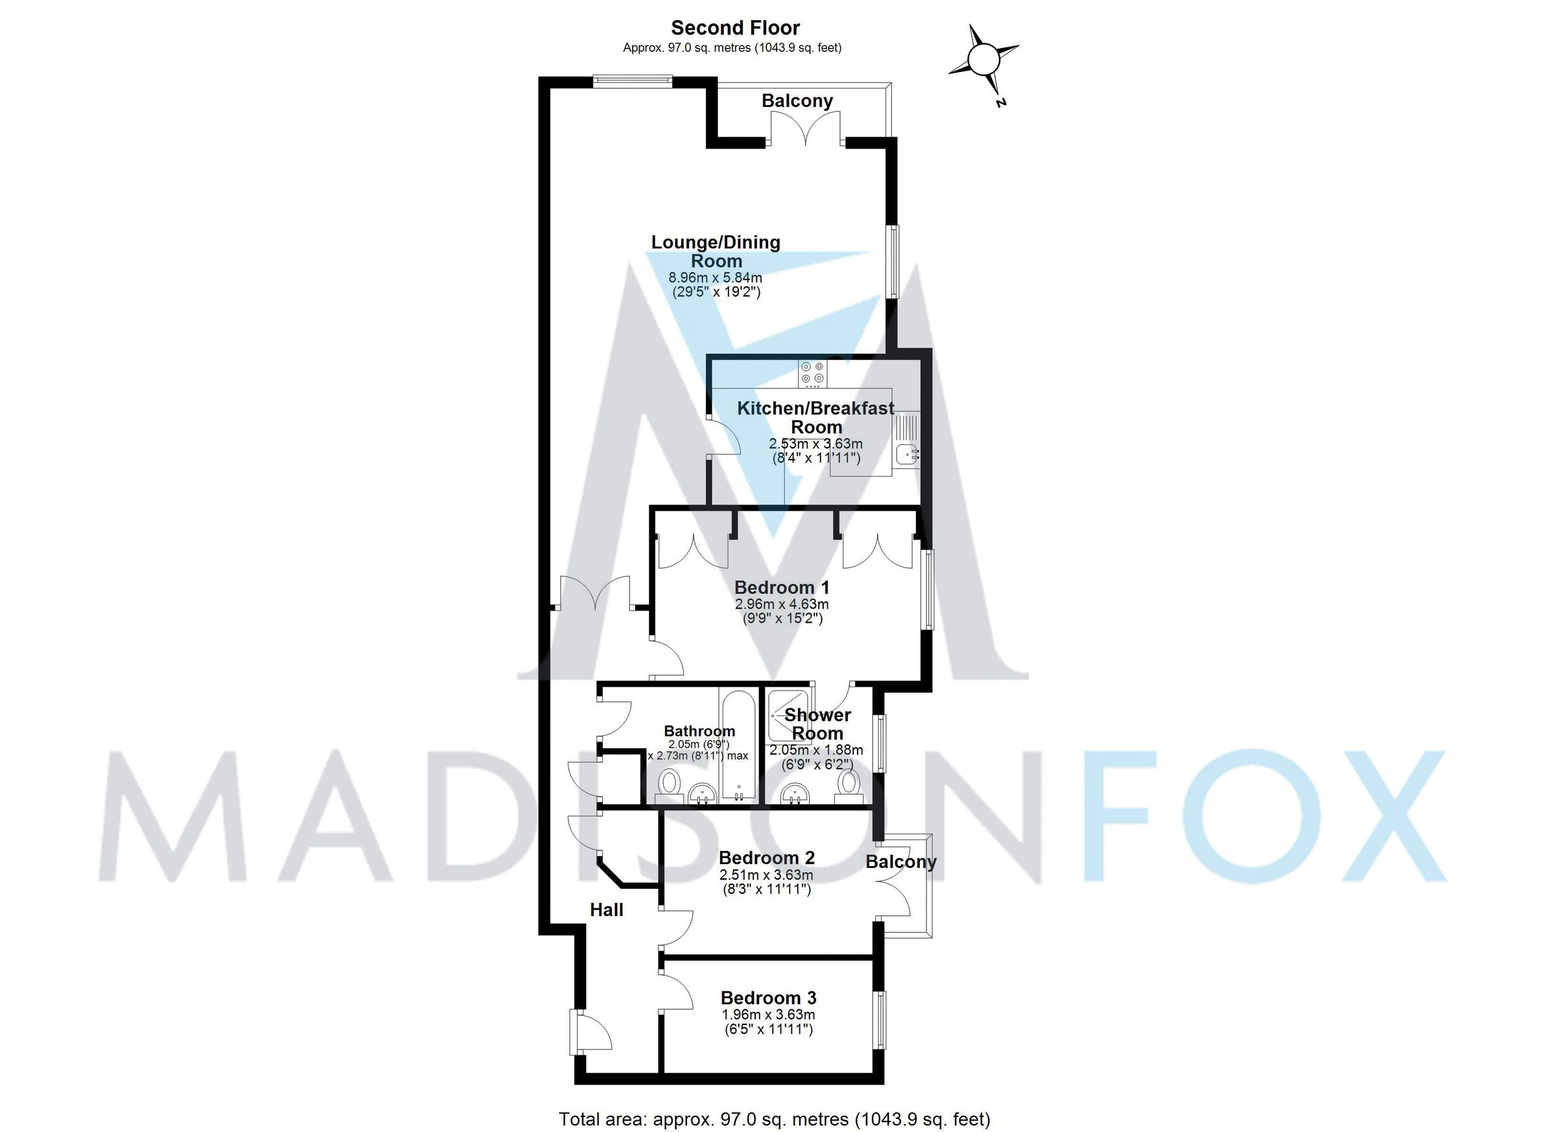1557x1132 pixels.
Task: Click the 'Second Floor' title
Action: click(735, 28)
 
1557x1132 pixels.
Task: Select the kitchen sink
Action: click(908, 453)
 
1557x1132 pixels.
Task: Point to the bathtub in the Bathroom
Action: click(739, 744)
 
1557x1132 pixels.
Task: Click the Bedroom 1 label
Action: click(782, 588)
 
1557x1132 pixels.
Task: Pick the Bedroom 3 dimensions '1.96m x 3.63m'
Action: click(768, 1015)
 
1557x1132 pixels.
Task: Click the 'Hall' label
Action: click(607, 910)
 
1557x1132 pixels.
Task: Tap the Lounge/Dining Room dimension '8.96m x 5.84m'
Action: click(716, 278)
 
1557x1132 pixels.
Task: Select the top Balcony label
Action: click(797, 101)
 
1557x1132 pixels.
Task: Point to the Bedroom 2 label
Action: click(767, 858)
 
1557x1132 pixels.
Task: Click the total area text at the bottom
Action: click(775, 1120)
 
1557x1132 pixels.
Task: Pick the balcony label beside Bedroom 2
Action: click(900, 862)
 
